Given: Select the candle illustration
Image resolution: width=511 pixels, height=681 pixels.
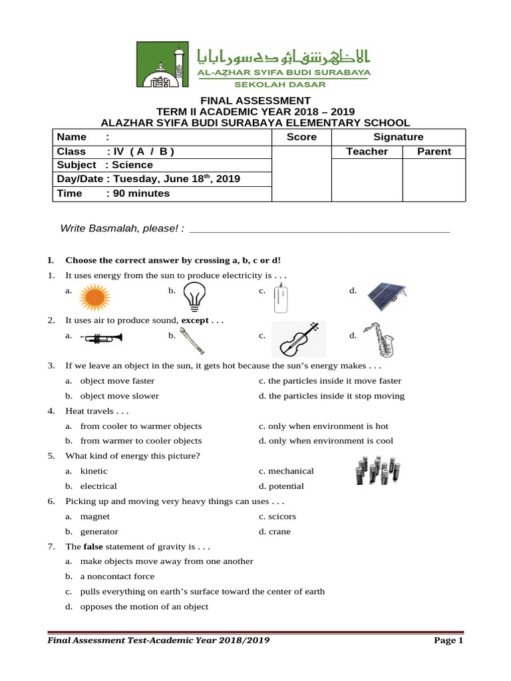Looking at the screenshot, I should pyautogui.click(x=281, y=297).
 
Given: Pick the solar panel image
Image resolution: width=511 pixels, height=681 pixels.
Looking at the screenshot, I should pyautogui.click(x=387, y=296).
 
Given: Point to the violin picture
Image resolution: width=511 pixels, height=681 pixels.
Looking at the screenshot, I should pyautogui.click(x=299, y=339).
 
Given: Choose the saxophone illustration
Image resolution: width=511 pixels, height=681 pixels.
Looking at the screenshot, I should pyautogui.click(x=379, y=339).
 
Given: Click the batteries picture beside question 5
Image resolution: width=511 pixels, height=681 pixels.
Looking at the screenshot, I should pyautogui.click(x=377, y=470).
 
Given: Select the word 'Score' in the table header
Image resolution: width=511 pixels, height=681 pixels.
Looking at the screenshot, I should pyautogui.click(x=301, y=137).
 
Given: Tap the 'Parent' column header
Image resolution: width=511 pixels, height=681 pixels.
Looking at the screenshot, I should pyautogui.click(x=434, y=152).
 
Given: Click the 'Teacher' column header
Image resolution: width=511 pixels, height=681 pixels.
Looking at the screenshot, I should pyautogui.click(x=367, y=152).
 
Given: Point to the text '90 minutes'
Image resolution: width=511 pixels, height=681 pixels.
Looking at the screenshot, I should pyautogui.click(x=141, y=194).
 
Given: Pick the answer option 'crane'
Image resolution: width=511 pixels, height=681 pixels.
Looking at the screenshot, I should pyautogui.click(x=279, y=531).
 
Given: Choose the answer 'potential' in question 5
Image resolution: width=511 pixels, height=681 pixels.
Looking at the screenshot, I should pyautogui.click(x=286, y=486).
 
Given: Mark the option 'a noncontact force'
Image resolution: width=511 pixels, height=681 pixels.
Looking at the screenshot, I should pyautogui.click(x=117, y=577).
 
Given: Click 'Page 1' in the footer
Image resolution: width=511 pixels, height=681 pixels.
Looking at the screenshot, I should pyautogui.click(x=448, y=640).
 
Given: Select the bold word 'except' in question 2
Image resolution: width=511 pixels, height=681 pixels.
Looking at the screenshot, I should pyautogui.click(x=195, y=321).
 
